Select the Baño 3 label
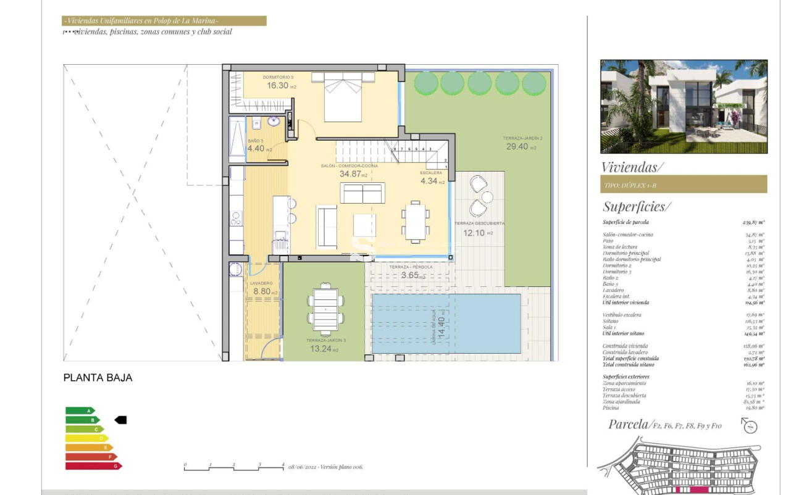(255, 141)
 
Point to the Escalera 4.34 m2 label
(432, 181)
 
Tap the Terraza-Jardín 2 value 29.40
(521, 147)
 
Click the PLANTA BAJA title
(98, 378)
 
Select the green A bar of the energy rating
(80, 410)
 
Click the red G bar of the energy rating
(93, 466)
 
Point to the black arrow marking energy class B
(120, 420)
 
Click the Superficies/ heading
(636, 207)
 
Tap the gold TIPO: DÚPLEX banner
(684, 184)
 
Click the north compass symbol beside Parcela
(750, 426)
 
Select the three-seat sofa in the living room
(363, 193)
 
